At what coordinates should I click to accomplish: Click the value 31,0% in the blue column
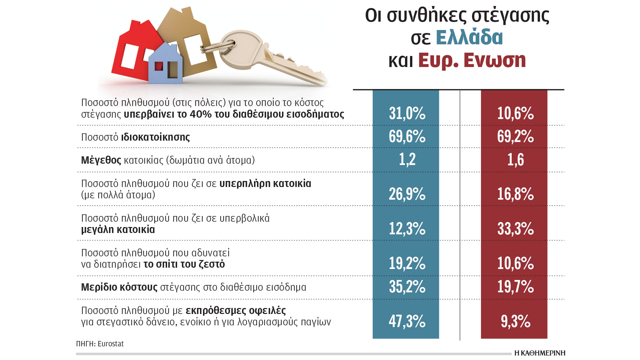tap(407, 113)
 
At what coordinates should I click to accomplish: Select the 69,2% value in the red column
tap(515, 136)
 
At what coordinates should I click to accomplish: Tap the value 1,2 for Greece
tap(407, 159)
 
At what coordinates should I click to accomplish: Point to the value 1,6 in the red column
tap(515, 159)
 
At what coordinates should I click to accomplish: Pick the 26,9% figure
tap(407, 194)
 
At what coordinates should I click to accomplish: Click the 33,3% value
tap(515, 229)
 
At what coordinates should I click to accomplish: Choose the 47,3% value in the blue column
tap(407, 321)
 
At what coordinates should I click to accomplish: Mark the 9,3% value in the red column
tap(515, 321)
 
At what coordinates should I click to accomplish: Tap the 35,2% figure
tap(407, 287)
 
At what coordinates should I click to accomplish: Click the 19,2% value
tap(407, 263)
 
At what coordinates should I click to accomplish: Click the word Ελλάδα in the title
tap(469, 37)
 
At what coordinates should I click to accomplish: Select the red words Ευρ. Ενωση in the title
tap(472, 60)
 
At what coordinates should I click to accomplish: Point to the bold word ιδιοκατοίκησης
tap(155, 137)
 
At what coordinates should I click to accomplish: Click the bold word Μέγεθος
tap(101, 160)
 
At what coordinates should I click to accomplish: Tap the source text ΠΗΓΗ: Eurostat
tap(100, 344)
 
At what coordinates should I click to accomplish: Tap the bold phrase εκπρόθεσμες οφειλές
tap(236, 311)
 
